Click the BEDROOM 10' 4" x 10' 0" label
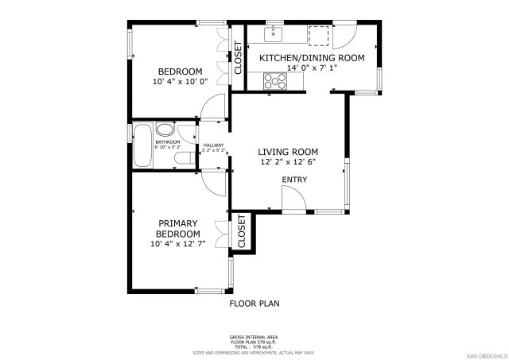coord(179,76)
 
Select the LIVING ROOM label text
coord(288,157)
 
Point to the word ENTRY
coord(294,180)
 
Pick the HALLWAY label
coord(213,146)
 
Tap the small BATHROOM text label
coord(167,144)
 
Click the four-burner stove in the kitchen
coord(276,80)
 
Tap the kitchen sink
coord(274,33)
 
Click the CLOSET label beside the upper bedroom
coord(237,58)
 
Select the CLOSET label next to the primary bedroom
coord(241,233)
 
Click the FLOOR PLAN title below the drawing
coord(254,303)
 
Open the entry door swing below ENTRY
coord(293,203)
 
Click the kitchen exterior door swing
coord(344,35)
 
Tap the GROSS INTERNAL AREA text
coord(254,337)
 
